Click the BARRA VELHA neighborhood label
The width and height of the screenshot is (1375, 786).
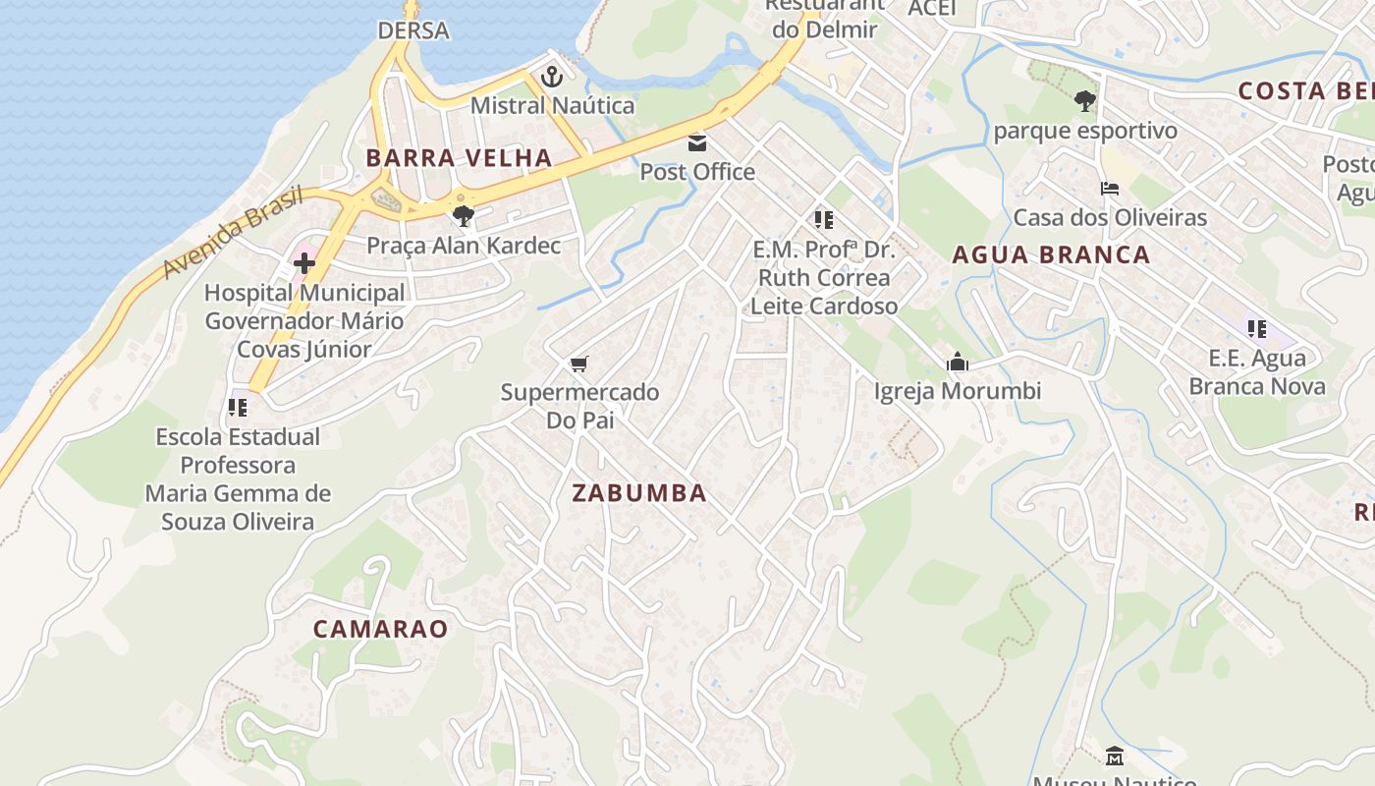point(459,157)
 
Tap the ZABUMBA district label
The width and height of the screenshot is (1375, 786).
point(639,493)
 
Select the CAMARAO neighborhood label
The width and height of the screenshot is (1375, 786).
point(380,629)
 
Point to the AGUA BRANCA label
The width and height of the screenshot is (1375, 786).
point(1051,255)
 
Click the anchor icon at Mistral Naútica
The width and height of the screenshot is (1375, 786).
point(552,76)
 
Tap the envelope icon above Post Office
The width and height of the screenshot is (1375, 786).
point(697,143)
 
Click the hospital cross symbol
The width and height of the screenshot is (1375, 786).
point(304,262)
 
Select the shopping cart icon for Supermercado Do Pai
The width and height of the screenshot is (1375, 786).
point(579,365)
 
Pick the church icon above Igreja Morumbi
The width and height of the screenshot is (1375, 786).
point(958,363)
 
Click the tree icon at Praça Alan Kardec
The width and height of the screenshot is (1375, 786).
point(464,216)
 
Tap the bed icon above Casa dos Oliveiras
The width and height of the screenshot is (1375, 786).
point(1110,189)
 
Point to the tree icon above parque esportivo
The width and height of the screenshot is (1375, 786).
point(1085,100)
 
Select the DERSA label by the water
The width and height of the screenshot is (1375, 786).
point(413,30)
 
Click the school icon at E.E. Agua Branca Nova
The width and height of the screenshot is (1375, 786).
point(1256,329)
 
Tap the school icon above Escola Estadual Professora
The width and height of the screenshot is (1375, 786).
point(237,407)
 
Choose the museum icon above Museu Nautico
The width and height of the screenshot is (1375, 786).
point(1115,757)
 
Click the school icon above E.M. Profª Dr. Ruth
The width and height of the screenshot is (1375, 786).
point(823,220)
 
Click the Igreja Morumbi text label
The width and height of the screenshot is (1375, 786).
point(958,391)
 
